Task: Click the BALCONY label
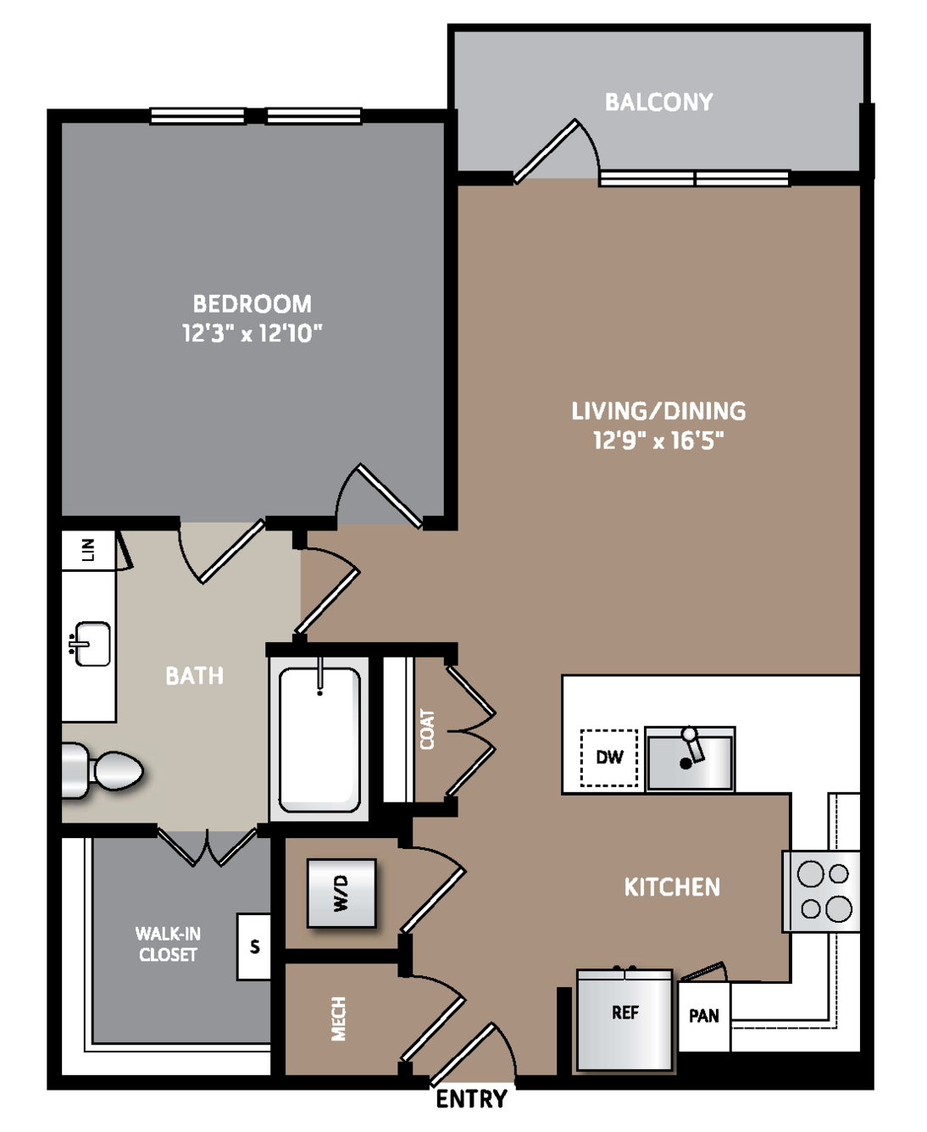click(658, 102)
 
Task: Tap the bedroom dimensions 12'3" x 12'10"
click(252, 333)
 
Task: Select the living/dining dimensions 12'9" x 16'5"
click(658, 441)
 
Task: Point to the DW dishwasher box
click(609, 757)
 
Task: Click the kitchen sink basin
click(690, 759)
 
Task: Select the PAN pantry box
click(703, 1016)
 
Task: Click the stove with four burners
click(822, 891)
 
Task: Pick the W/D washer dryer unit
click(341, 894)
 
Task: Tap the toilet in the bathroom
click(102, 771)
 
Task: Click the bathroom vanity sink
click(92, 644)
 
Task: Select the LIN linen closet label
click(89, 550)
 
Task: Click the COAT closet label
click(427, 729)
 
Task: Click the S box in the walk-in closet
click(254, 946)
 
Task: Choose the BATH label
click(194, 676)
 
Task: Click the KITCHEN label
click(672, 887)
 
